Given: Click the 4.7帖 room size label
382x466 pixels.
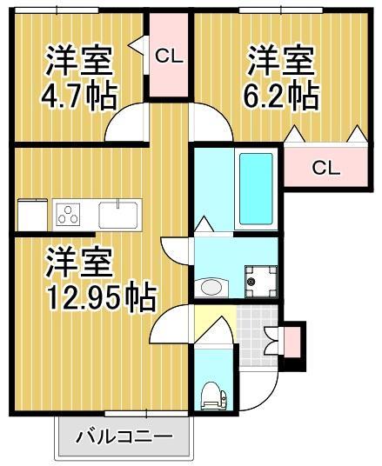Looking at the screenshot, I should tap(78, 95).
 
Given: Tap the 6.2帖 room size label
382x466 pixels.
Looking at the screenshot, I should tap(280, 95).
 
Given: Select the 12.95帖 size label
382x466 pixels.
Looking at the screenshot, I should tap(101, 296).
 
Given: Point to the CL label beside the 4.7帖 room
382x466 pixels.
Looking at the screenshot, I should tap(168, 57).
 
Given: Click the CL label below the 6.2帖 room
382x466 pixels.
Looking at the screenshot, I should tap(325, 168).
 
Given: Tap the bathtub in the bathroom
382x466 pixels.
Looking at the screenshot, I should tap(256, 190).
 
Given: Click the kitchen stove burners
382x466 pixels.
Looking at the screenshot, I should tap(68, 213).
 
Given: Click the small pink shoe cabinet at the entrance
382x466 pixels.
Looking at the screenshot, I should tap(292, 340).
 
